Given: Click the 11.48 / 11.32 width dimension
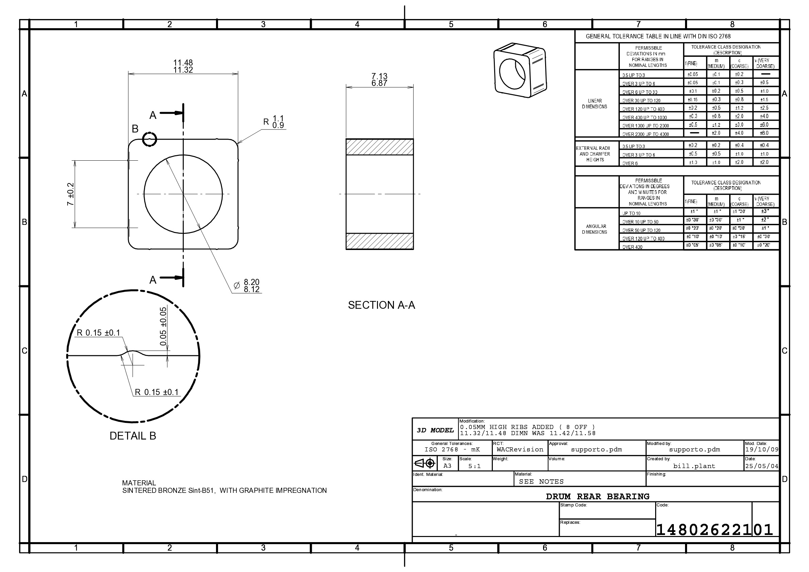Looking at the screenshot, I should pos(183,66).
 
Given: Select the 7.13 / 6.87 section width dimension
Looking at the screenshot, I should pos(379,79).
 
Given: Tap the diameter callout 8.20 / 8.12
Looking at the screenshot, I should pos(251,286).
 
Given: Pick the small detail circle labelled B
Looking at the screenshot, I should pos(149,140).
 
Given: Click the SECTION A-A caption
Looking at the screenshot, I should pos(381,305).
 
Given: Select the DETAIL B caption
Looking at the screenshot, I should pos(132,436).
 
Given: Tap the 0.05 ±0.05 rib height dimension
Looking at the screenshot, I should pos(163,326).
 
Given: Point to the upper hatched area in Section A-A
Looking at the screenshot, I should pos(379,147).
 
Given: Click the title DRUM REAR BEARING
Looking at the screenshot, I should pos(598,497).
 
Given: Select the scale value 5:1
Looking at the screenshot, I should pos(474,466).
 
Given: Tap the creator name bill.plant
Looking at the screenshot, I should pos(694,466).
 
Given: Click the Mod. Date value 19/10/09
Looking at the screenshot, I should pos(761,450).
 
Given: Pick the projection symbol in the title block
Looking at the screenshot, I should pos(425,463).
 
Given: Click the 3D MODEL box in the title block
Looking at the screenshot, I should pos(435,430).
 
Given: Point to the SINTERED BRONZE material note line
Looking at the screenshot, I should pos(224,490).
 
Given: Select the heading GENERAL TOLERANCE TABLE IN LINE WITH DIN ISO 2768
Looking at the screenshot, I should pos(658,36).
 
